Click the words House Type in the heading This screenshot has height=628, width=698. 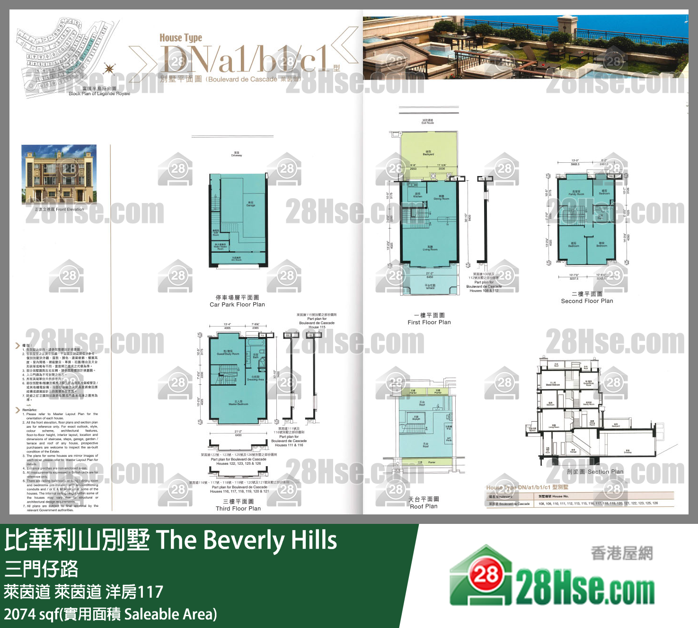pyautogui.click(x=181, y=38)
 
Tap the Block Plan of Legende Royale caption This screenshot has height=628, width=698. pyautogui.click(x=99, y=94)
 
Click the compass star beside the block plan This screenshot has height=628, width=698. pyautogui.click(x=109, y=69)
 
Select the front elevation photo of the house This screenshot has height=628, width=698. pyautogui.click(x=59, y=174)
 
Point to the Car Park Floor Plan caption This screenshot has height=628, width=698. pyautogui.click(x=237, y=304)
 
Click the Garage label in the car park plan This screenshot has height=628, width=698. pyautogui.click(x=251, y=204)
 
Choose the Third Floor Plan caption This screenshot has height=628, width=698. pyautogui.click(x=238, y=508)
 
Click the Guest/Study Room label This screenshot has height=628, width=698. pyautogui.click(x=228, y=354)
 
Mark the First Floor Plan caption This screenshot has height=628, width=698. pyautogui.click(x=429, y=322)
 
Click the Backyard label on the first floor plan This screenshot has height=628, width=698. pyautogui.click(x=428, y=154)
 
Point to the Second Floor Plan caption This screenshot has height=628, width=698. pyautogui.click(x=587, y=301)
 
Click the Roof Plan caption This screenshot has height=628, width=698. pyautogui.click(x=424, y=506)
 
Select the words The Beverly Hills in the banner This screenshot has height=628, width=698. pyautogui.click(x=246, y=540)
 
